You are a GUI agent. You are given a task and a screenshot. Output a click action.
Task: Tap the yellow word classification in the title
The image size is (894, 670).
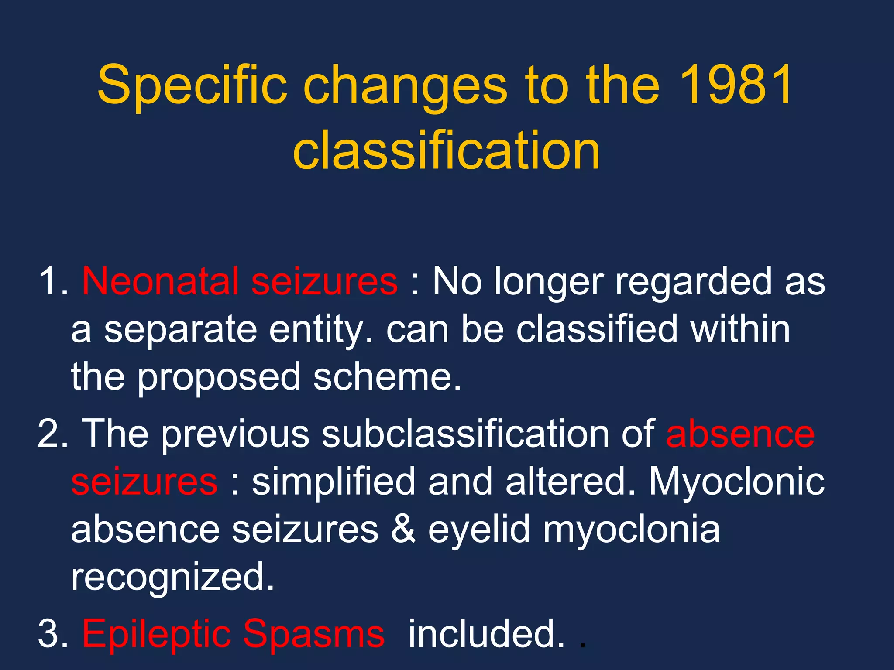447,150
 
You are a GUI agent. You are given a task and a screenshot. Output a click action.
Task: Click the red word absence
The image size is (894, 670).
740,434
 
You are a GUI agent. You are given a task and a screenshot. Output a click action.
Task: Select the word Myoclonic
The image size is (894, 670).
737,482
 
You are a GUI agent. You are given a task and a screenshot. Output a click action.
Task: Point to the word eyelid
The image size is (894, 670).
479,530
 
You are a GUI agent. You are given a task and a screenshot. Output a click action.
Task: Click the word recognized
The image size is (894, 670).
172,578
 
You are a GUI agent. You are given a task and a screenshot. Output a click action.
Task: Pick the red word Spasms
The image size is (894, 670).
314,635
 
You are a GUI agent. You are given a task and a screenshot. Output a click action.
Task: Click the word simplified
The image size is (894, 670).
334,482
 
